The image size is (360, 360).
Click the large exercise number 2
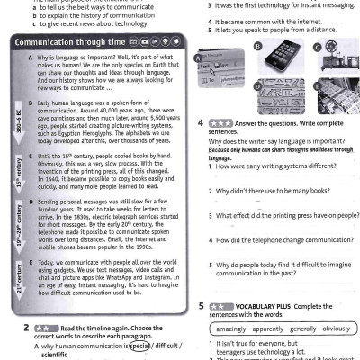click(x=27, y=328)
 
